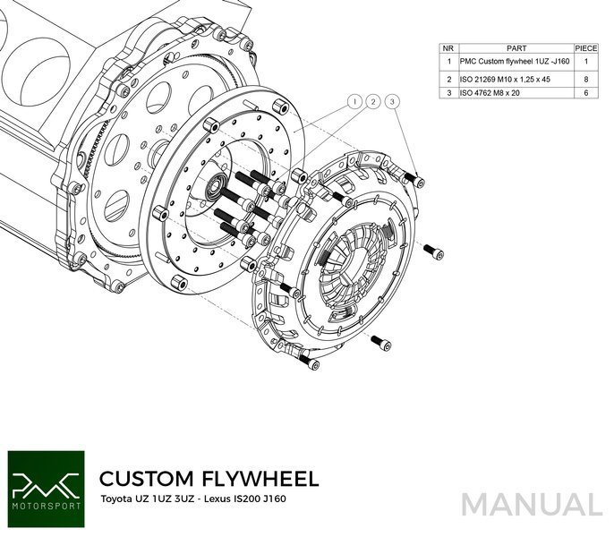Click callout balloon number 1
[355, 102]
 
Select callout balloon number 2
[373, 102]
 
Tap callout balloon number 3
[392, 102]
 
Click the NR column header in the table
[449, 48]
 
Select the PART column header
[516, 48]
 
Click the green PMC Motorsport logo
[45, 482]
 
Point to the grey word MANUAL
[533, 504]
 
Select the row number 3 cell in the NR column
[449, 91]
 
